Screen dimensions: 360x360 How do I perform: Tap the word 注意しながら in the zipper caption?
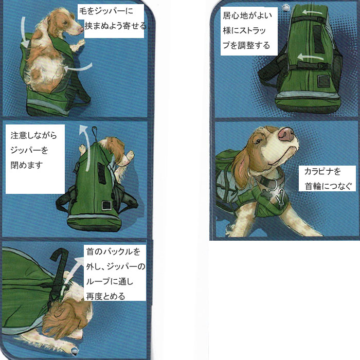pos(33,135)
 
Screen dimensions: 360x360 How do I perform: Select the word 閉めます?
pos(27,165)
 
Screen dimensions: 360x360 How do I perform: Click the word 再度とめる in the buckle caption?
pos(105,296)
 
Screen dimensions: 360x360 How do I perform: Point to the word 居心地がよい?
pos(247,15)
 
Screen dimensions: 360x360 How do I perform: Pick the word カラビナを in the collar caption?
pos(322,171)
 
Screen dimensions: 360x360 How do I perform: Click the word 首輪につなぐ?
pos(328,186)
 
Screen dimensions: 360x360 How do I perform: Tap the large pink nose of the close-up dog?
pos(286,134)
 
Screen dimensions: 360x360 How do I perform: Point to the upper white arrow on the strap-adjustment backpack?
pos(312,12)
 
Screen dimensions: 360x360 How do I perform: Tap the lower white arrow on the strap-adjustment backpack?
pos(310,57)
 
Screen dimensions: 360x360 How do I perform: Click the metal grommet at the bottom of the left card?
pos(75,351)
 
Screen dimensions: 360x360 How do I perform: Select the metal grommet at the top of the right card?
pos(285,7)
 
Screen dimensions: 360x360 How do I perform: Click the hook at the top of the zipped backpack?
pos(94,132)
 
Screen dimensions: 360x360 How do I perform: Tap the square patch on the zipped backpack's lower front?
pos(106,206)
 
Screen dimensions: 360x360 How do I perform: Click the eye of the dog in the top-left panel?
pos(65,23)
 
